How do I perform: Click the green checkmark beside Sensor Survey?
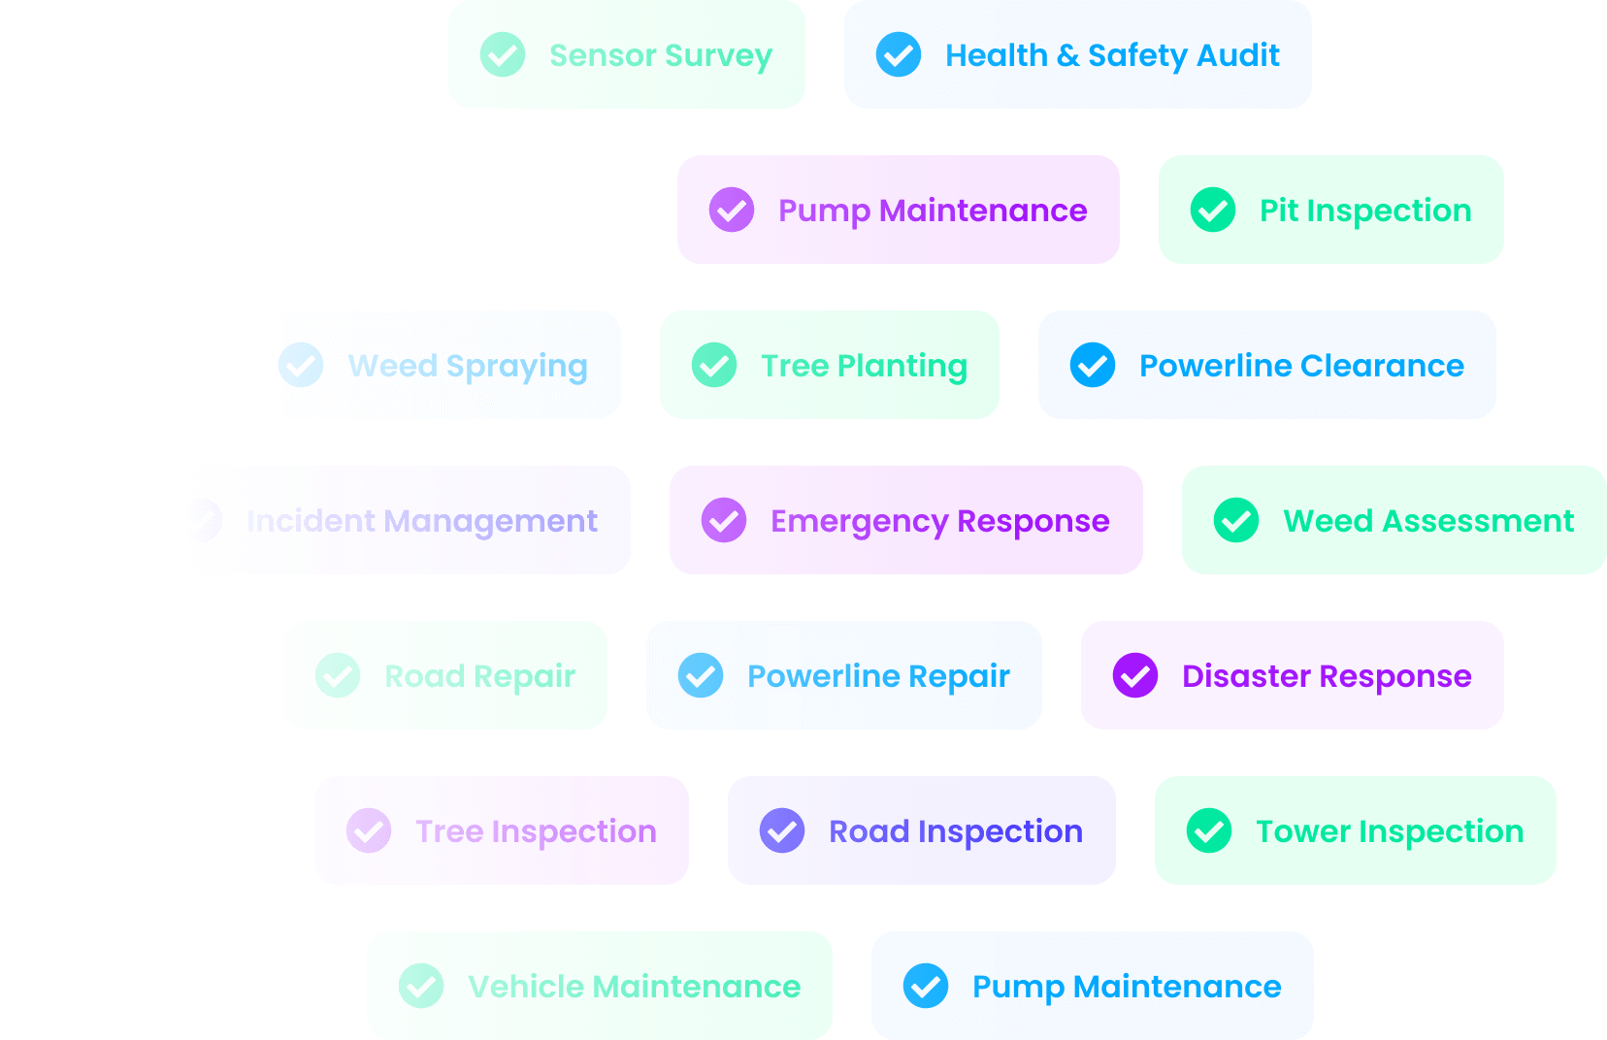click(503, 54)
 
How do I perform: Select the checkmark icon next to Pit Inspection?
click(1213, 210)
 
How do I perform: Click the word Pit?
click(1278, 211)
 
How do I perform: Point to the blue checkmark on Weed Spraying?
click(301, 365)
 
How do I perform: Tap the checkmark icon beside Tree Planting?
click(714, 365)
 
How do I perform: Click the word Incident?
click(310, 521)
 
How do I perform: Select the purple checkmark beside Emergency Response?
click(724, 520)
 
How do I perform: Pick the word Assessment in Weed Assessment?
click(1477, 521)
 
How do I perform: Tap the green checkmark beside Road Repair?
click(338, 675)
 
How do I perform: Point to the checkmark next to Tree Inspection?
click(369, 830)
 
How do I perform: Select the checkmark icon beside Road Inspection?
click(782, 830)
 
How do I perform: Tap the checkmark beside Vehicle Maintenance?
click(421, 986)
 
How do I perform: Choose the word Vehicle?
click(526, 987)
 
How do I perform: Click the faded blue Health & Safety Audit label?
click(1113, 55)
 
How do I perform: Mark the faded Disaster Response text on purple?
click(1327, 676)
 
